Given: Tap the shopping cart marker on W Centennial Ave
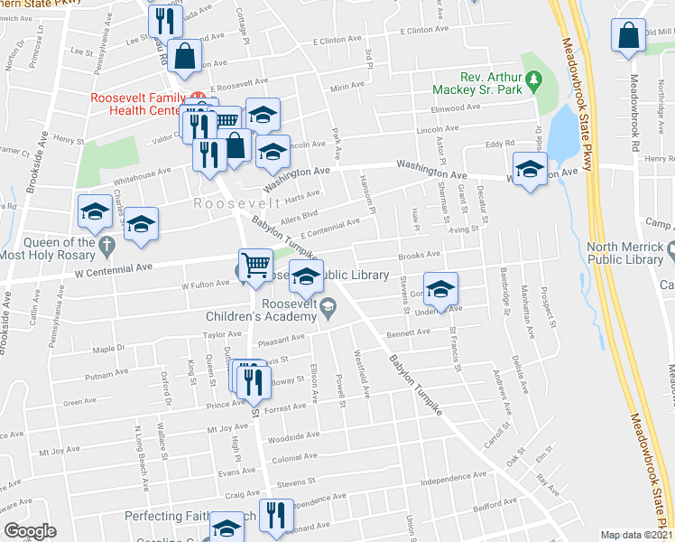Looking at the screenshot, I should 256,264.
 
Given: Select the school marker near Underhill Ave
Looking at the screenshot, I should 439,287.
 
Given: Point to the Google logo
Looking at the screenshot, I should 30,531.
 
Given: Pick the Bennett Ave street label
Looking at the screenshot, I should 409,332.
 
